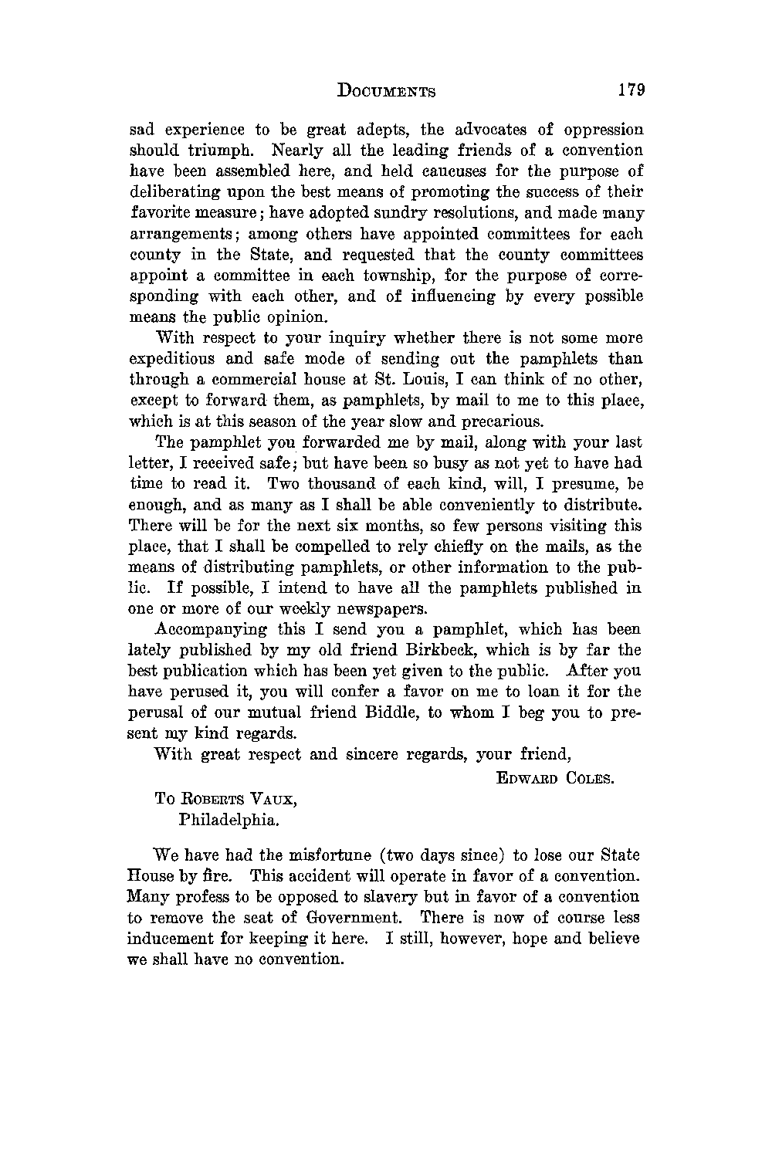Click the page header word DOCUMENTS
coord(387,90)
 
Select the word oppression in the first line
coord(603,130)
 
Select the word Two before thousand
coord(285,484)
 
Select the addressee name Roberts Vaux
coord(225,800)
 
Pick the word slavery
coord(390,898)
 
